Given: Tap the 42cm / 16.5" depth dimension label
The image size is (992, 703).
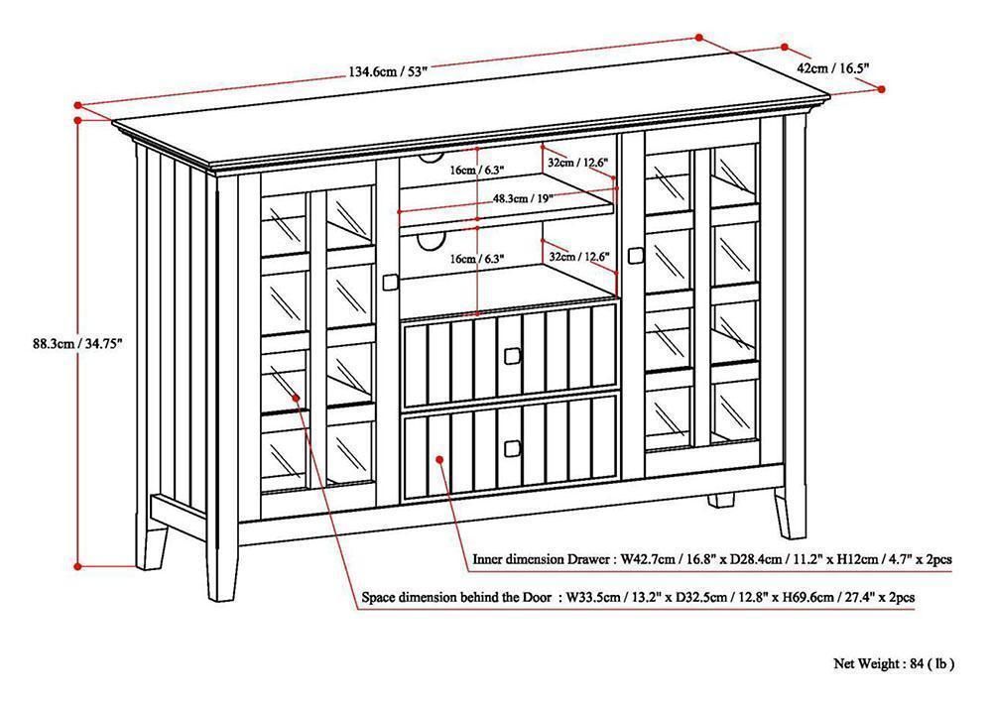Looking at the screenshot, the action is [833, 68].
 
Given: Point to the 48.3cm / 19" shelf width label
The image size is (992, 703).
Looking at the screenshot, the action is [523, 197].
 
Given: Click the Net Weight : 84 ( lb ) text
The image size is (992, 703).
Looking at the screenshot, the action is [893, 663].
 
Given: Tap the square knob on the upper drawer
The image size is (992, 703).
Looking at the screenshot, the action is [514, 354].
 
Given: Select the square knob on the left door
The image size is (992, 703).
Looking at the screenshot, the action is [389, 283].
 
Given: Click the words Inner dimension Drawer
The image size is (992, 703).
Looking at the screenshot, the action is [542, 559].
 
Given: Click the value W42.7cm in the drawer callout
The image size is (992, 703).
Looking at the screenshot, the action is [649, 559].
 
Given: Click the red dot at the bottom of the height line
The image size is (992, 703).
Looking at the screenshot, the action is [77, 566].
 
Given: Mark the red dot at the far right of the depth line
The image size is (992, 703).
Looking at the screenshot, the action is [882, 89].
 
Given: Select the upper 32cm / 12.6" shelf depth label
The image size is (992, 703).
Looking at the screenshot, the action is [575, 162].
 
